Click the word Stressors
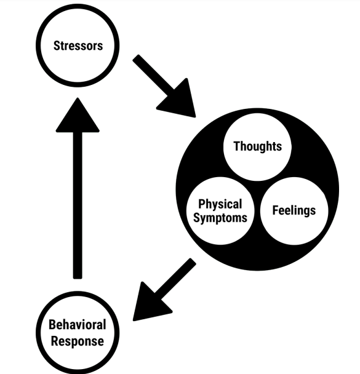tap(78, 46)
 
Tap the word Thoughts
tap(258, 146)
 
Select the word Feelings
tap(294, 210)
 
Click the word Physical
tap(220, 204)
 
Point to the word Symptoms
tap(220, 218)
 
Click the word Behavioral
tap(78, 325)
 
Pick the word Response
tap(78, 341)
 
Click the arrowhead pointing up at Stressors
tap(78, 115)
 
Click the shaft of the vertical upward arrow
tap(78, 205)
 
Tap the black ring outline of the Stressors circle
tap(38, 46)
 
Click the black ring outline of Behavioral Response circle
tap(38, 333)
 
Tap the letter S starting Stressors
tap(57, 46)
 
